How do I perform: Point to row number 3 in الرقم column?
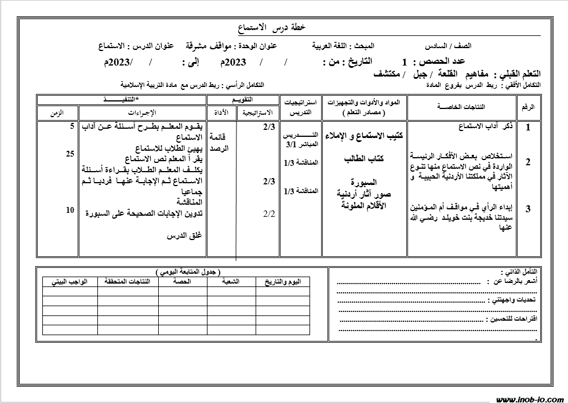pos(528,210)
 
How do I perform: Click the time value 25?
pos(70,154)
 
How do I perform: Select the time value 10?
pos(70,210)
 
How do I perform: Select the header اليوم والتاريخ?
pos(283,281)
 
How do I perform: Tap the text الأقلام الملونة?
pos(363,205)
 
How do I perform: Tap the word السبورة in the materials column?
pos(363,183)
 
